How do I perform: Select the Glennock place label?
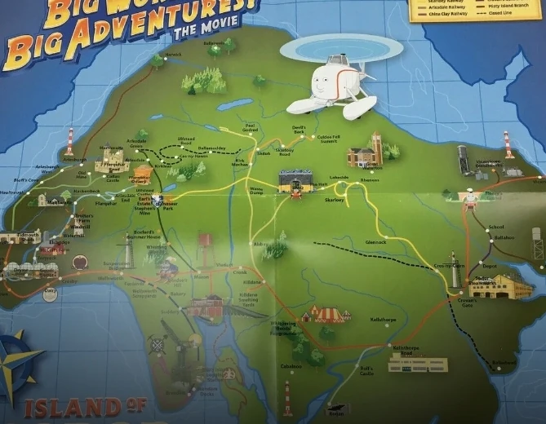tap(375, 242)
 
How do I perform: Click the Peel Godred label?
tap(251, 129)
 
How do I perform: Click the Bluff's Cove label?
tap(27, 179)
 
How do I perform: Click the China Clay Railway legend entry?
tap(437, 13)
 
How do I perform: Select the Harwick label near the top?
tap(174, 55)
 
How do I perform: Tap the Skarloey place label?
tap(335, 199)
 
